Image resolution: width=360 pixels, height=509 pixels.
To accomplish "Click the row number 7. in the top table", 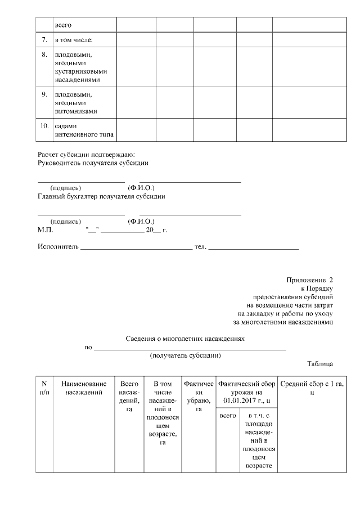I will pos(44,40).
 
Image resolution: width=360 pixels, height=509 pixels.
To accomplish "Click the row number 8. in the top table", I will pos(44,55).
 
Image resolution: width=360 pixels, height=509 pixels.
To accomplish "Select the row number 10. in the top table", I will pos(44,126).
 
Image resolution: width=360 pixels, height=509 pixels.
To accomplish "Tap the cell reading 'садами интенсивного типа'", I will pos(83,130).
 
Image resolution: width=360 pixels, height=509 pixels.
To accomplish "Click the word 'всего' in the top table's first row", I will pos(63,25).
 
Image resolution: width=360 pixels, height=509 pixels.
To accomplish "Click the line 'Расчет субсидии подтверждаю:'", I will pos(86,155).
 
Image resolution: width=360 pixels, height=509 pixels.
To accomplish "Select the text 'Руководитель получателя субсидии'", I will pos(93,163).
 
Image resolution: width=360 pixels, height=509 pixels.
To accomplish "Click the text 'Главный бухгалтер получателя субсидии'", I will pos(101,196).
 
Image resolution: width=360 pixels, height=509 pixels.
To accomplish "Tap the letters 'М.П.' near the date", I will pos(45,230).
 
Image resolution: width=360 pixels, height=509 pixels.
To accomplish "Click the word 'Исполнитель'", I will pos(58,247).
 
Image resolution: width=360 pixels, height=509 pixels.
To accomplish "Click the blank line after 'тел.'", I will pos(254,247).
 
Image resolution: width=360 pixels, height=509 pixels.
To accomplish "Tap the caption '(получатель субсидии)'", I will pos(185,355).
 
